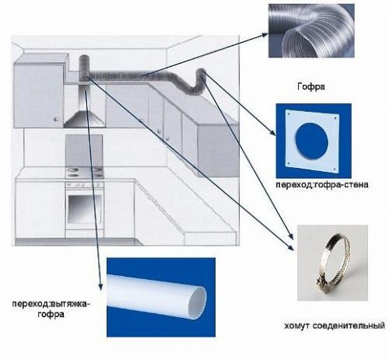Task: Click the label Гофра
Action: tap(310, 86)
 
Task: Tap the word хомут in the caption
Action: tap(296, 326)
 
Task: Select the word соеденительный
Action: tap(349, 325)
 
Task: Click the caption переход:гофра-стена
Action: tap(322, 184)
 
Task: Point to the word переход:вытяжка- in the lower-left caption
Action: tap(51, 304)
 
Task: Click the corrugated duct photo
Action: tap(311, 30)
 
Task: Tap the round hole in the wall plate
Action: tap(312, 141)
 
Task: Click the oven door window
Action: tap(84, 208)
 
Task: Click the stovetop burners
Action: tap(84, 173)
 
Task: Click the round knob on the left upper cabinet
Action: tap(56, 119)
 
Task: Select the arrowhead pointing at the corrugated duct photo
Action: tap(265, 35)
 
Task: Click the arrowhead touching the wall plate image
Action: tap(273, 132)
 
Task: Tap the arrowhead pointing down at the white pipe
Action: tap(100, 286)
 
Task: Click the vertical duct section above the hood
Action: tap(84, 68)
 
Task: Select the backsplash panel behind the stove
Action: tap(84, 151)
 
